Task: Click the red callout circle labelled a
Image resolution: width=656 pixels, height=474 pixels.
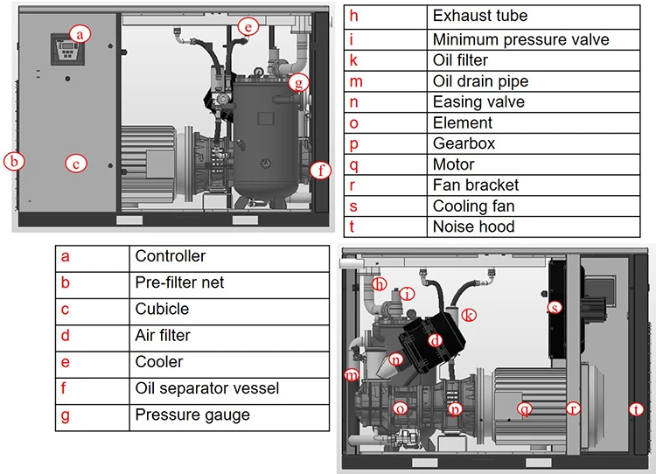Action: (81, 34)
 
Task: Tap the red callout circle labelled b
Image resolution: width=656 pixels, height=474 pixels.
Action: (13, 161)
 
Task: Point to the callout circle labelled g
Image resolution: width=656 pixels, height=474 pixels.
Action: (300, 83)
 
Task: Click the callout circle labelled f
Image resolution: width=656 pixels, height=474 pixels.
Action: (321, 171)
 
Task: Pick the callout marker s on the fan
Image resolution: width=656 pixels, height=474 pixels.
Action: (554, 308)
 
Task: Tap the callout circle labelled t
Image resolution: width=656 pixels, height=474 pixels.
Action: (634, 408)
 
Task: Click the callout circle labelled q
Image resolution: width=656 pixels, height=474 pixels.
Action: (525, 408)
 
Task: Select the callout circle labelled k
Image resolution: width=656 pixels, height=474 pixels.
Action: (469, 315)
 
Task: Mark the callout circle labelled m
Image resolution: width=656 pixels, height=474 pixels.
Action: (352, 375)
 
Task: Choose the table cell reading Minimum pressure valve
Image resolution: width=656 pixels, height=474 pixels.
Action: (520, 39)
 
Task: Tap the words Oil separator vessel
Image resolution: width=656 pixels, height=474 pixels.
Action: (206, 387)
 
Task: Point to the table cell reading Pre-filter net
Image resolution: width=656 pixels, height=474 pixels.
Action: (179, 282)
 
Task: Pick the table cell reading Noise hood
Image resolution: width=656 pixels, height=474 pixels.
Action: (473, 227)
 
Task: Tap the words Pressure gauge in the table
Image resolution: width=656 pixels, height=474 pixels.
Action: (192, 415)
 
